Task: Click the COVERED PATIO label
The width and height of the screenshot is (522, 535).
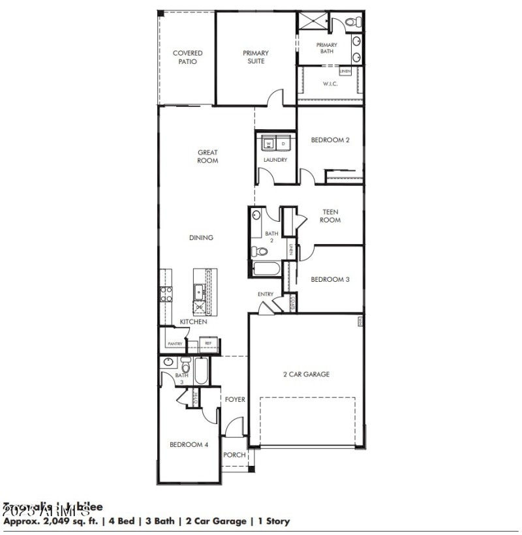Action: tap(187, 57)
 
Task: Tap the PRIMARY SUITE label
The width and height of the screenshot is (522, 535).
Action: tap(256, 57)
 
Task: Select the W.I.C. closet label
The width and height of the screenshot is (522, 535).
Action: tap(330, 84)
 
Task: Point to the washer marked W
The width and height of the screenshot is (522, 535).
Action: tap(268, 143)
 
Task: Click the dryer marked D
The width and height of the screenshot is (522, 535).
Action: tap(283, 143)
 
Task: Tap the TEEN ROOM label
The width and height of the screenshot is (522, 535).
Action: tap(330, 216)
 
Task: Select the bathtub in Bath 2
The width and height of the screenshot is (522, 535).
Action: tap(266, 269)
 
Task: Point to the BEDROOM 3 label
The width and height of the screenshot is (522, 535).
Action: tap(330, 279)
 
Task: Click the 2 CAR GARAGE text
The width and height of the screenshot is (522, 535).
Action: tap(306, 374)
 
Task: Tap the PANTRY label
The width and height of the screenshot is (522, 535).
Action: tap(174, 343)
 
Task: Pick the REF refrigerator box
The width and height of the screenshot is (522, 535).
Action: tap(208, 343)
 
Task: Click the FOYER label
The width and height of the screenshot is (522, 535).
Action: tap(235, 399)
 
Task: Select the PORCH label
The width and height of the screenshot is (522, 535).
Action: tap(234, 455)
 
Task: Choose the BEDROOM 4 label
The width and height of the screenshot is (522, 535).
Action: tap(189, 445)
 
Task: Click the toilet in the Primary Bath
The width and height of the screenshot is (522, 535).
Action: tap(353, 23)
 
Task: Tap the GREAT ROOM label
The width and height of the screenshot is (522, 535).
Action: tap(207, 157)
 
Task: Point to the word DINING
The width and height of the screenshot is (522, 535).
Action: tap(201, 238)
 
